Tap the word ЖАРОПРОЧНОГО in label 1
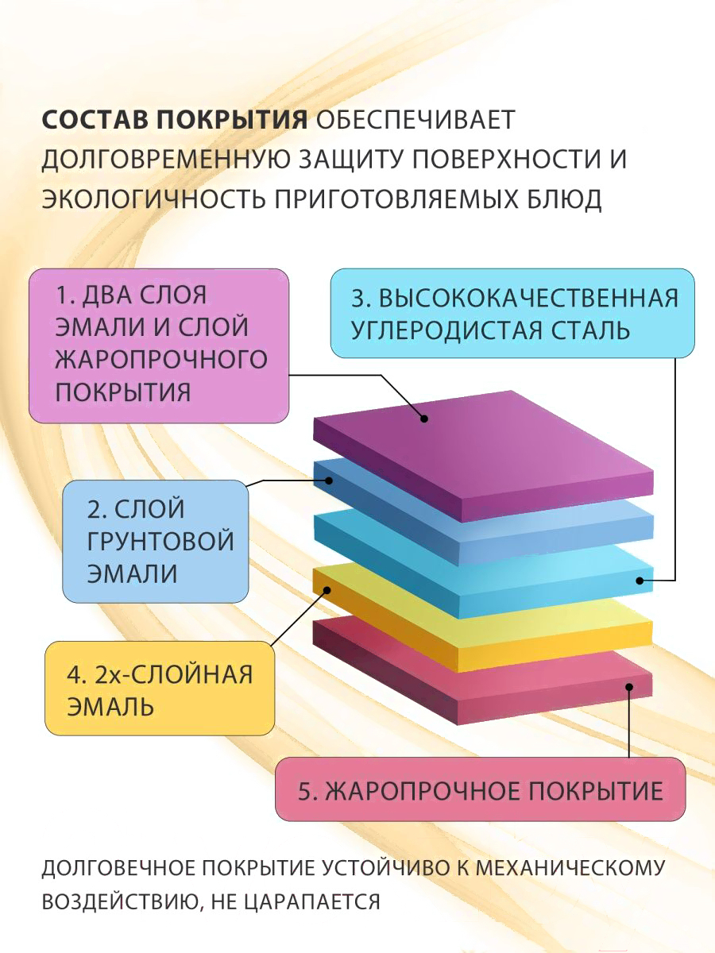(161, 360)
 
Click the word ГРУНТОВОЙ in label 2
(160, 541)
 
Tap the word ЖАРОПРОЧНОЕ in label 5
(413, 791)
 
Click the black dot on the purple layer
(424, 418)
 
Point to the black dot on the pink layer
(629, 687)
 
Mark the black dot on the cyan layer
(640, 581)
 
